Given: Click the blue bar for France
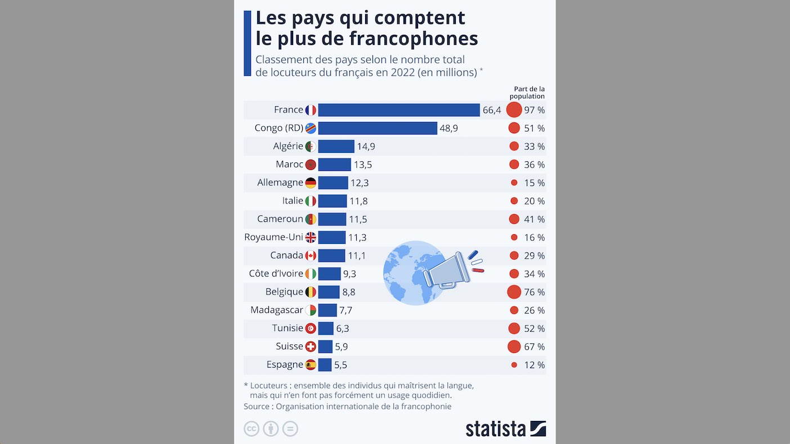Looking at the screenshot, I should [398, 110].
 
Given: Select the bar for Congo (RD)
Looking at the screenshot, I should [377, 128].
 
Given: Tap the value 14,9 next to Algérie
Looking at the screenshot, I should [366, 147].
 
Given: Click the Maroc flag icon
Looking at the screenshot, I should [311, 165].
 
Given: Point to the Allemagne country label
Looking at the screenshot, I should [280, 183].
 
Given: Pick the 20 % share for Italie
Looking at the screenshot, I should [534, 201].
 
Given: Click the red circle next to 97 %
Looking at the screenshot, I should [514, 110].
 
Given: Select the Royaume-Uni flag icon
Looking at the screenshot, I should [311, 237].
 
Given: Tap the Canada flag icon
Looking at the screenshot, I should [311, 256].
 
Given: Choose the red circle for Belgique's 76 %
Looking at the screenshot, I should [514, 292].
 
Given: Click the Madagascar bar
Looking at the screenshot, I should [327, 310].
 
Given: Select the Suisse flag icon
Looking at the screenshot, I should [311, 347].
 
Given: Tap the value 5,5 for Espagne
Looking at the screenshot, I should [340, 365].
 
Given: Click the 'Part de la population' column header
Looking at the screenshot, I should [529, 92].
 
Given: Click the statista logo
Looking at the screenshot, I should [505, 428].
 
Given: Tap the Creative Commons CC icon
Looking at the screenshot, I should [252, 429].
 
